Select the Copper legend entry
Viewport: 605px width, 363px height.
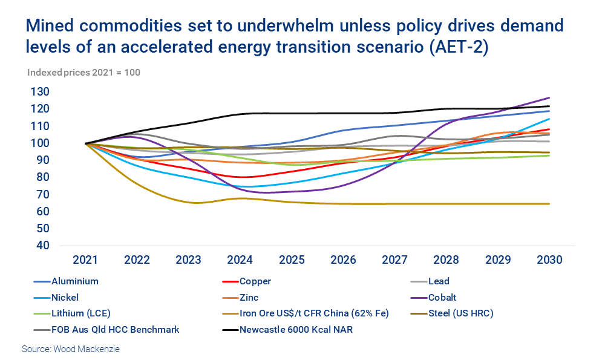click(255, 281)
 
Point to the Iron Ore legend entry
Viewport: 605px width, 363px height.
click(313, 313)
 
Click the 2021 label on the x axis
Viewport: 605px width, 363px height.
click(85, 260)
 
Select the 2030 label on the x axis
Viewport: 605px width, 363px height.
click(549, 260)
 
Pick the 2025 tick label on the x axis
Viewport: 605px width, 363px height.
click(292, 260)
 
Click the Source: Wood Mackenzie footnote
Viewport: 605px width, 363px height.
click(71, 349)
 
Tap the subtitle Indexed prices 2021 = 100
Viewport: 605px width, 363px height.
click(83, 73)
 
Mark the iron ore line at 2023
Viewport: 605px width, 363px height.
click(189, 202)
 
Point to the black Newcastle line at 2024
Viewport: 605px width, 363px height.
click(240, 114)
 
